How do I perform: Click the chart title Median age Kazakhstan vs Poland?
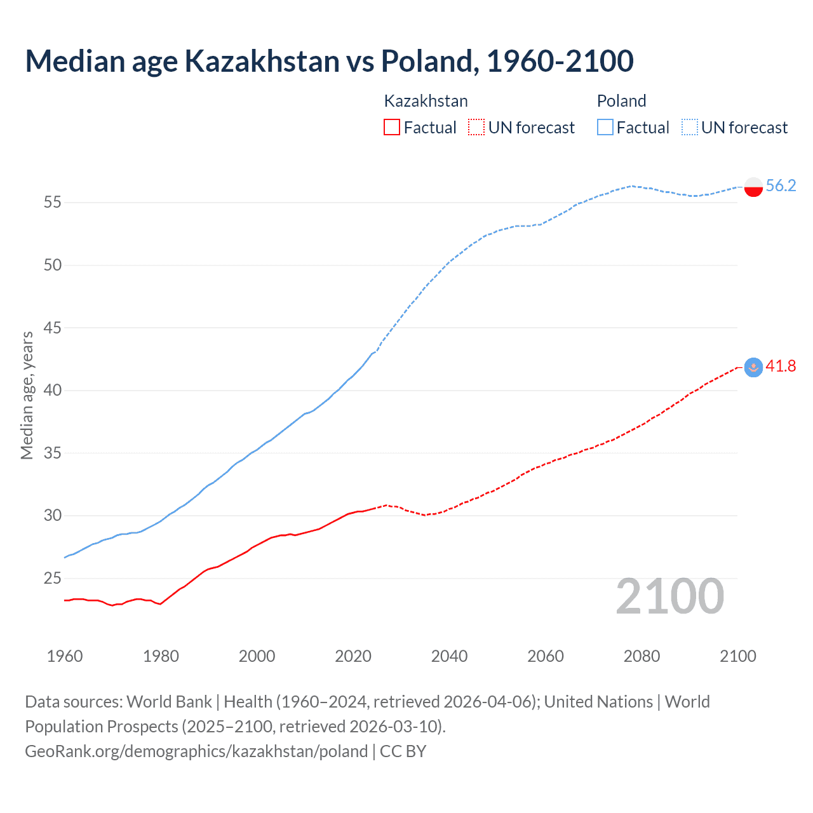click(x=329, y=62)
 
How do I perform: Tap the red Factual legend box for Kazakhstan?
click(x=392, y=127)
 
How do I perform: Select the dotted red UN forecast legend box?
click(x=476, y=127)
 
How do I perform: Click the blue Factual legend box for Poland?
click(x=605, y=127)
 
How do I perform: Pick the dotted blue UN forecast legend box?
click(x=689, y=127)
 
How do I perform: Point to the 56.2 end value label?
click(x=781, y=185)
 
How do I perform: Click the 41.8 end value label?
click(x=781, y=366)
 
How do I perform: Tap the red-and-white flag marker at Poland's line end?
click(x=753, y=187)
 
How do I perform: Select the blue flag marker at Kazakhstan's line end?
click(x=753, y=367)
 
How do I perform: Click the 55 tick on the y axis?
click(x=53, y=203)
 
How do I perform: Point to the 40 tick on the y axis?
click(x=53, y=390)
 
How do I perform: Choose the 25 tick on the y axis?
click(x=53, y=578)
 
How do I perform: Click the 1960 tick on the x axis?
click(x=65, y=656)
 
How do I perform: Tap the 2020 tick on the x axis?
click(x=353, y=656)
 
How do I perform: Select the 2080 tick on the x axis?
click(x=642, y=656)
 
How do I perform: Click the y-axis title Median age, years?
click(x=27, y=395)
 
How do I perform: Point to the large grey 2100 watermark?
click(x=669, y=596)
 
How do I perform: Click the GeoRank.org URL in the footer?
click(x=196, y=751)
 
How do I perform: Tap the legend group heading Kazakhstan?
click(x=426, y=101)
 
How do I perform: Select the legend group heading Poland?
click(x=621, y=101)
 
